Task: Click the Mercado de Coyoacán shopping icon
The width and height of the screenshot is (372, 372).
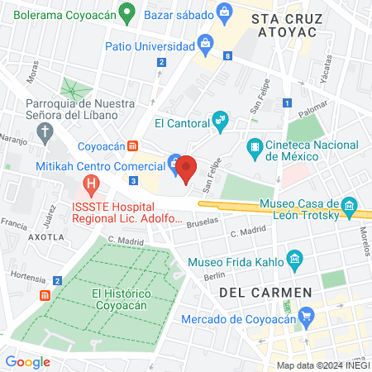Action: [x=307, y=314]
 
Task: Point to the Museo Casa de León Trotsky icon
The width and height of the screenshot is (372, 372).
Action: [x=350, y=204]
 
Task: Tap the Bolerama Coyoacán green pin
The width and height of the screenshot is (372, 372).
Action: [x=126, y=12]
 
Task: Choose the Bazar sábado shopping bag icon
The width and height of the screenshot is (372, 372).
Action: [x=223, y=12]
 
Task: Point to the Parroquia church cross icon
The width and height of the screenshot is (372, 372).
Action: [x=47, y=132]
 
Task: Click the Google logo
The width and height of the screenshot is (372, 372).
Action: [x=27, y=361]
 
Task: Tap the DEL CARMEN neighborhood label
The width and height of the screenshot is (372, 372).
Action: [x=265, y=293]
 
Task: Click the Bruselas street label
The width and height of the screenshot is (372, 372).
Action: [x=203, y=222]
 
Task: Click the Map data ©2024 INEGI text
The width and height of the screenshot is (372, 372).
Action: [x=322, y=365]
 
